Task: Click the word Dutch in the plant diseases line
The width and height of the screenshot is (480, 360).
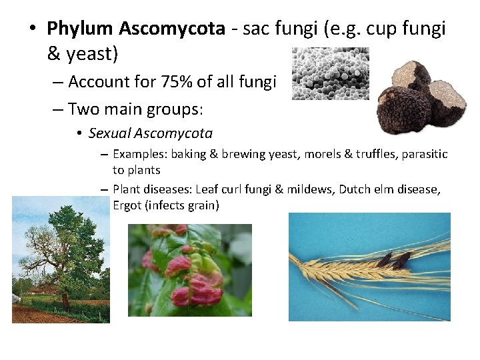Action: pos(355,189)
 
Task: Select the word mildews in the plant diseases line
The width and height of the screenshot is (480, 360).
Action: pos(309,189)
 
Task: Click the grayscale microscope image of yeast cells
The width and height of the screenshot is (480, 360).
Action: pos(330,73)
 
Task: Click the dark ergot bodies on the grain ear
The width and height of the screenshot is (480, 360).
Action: pos(393,260)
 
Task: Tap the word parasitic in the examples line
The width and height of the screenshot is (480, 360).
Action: pos(425,154)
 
